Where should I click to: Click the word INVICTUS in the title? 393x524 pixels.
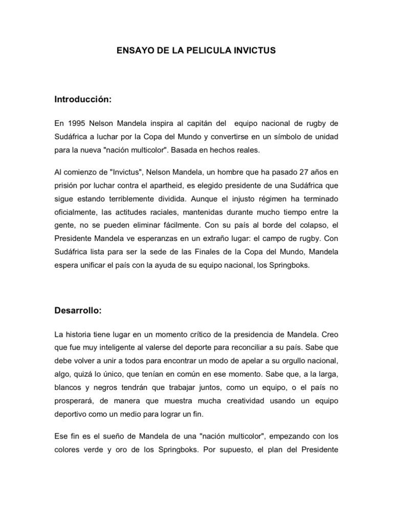coord(254,51)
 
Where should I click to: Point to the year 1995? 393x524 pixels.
coord(75,123)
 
